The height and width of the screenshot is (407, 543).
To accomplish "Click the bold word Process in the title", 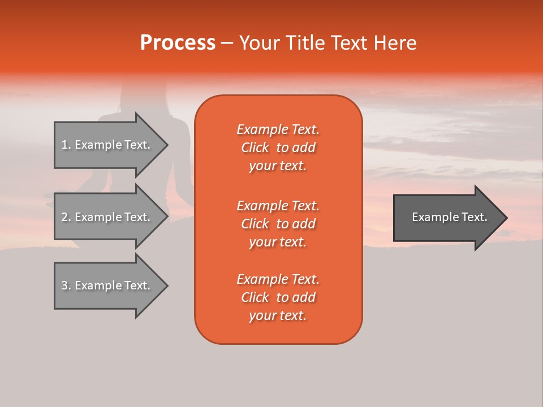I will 178,43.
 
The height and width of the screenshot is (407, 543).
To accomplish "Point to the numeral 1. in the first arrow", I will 66,145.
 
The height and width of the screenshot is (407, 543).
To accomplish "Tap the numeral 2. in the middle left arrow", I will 66,217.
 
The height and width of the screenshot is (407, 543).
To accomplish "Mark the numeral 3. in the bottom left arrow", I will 66,285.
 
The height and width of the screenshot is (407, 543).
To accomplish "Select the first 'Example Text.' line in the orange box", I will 278,129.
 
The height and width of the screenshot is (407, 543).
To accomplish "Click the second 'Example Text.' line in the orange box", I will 278,206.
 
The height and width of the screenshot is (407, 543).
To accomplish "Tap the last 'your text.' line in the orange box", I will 278,316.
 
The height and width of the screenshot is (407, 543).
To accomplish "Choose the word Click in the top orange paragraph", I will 255,148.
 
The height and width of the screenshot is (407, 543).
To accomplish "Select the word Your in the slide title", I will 258,43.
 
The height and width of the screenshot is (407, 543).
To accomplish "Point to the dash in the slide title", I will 227,43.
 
